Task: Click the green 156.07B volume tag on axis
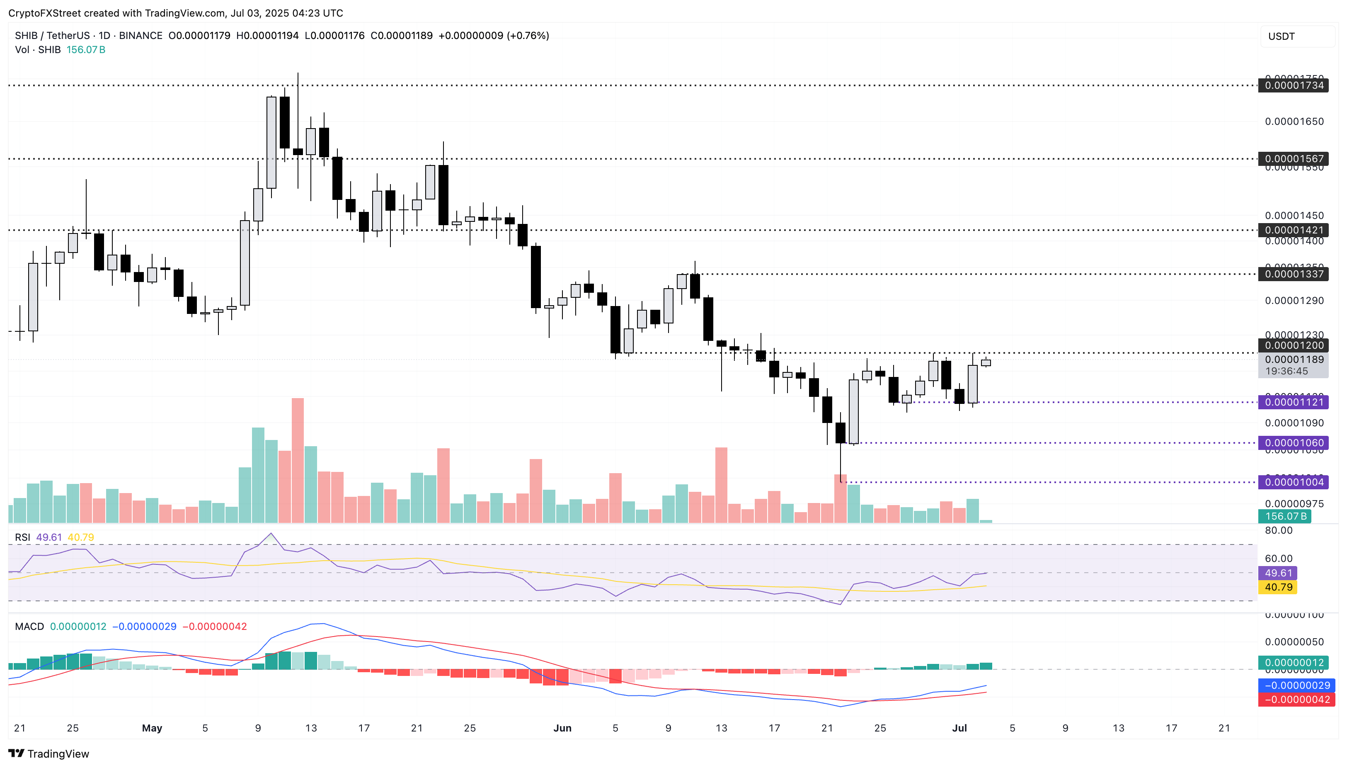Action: coord(1285,516)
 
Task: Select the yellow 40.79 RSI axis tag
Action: coord(1278,587)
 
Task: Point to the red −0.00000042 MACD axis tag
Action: coord(1296,700)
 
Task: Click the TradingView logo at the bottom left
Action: coord(48,753)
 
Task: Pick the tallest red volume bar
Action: coord(297,460)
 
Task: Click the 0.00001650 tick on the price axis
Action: coord(1294,122)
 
